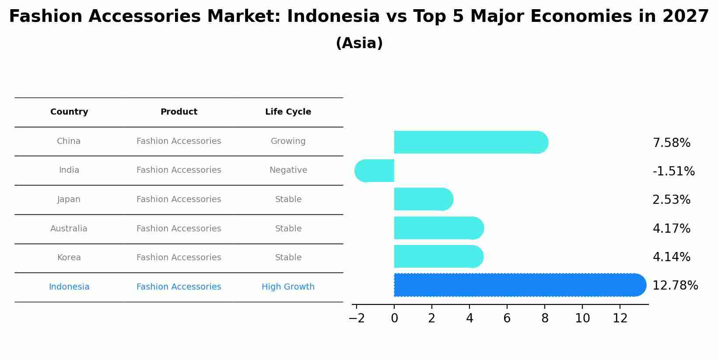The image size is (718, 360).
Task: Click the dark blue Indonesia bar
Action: (520, 285)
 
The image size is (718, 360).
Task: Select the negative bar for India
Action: (374, 171)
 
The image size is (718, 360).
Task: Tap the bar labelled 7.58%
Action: (471, 142)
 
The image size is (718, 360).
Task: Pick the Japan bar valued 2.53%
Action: (424, 199)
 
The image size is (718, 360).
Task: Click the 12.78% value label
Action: (675, 285)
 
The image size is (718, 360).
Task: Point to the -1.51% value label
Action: (673, 171)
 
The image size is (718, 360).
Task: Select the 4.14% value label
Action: (672, 257)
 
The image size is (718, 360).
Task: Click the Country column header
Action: (69, 112)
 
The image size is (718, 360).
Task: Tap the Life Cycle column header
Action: (288, 112)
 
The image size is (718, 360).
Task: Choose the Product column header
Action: (179, 112)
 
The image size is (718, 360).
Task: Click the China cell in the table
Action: (69, 141)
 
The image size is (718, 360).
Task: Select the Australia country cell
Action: (69, 228)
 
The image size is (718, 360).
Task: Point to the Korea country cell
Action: (69, 257)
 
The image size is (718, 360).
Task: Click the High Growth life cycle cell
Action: (288, 287)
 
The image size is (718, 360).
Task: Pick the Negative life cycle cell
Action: (288, 170)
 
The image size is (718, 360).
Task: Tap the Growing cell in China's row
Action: (288, 141)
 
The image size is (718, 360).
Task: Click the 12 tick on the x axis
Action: (620, 318)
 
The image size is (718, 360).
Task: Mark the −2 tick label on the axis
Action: (357, 318)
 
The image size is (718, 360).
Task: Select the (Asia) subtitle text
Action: (359, 43)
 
